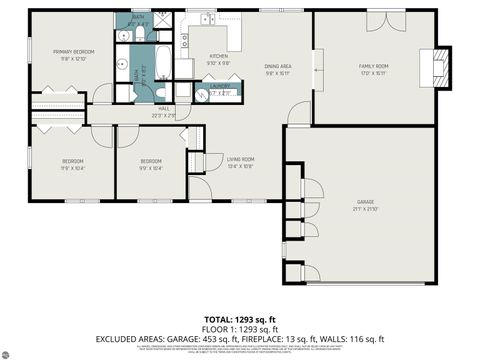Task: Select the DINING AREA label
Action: point(277,69)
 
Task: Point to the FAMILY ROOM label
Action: point(374,69)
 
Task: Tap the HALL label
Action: point(164,111)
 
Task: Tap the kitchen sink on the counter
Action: point(206,20)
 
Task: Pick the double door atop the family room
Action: point(383,19)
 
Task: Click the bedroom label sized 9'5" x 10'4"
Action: point(151,164)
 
